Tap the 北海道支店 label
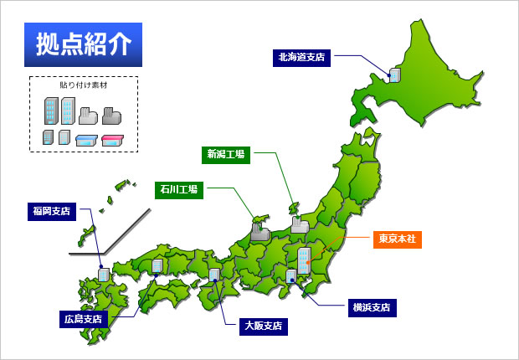tap(301, 57)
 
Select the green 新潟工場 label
tap(226, 153)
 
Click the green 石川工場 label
tap(178, 189)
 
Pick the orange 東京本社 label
tap(397, 239)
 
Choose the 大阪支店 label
tap(263, 325)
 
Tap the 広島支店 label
tap(84, 318)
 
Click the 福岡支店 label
tap(51, 210)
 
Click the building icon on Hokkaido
tap(393, 75)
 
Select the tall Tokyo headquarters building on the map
tap(305, 260)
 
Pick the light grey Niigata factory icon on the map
tap(301, 224)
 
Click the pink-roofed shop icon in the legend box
tap(113, 139)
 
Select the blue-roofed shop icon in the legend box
tap(87, 139)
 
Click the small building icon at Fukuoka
tap(103, 274)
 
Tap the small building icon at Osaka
tap(215, 274)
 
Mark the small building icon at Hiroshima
tap(157, 265)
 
